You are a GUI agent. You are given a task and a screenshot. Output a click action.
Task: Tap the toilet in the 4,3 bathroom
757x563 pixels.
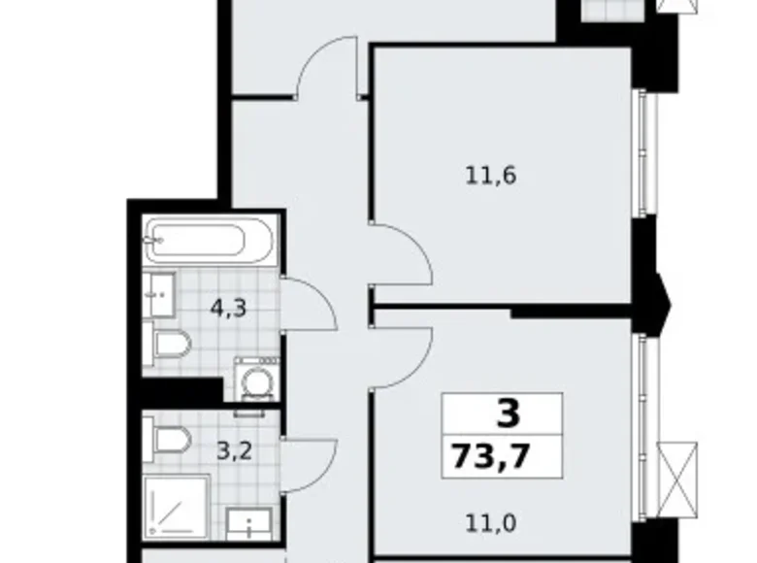point(172,343)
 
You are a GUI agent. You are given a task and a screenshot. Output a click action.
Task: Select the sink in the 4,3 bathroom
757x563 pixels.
point(160,292)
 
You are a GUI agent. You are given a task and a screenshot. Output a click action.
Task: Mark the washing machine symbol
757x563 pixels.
point(255,381)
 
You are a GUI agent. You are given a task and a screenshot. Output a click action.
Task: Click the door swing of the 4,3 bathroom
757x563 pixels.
point(308,304)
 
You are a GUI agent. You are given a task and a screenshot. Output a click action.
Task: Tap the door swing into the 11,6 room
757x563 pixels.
point(400,254)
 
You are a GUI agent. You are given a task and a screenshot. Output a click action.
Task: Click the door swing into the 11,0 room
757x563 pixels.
point(400,354)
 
